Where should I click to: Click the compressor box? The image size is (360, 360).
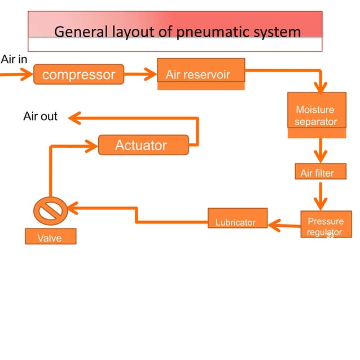78,74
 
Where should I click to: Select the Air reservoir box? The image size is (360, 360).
201,74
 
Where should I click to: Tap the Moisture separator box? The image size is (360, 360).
316,116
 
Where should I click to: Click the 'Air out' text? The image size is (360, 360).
40,117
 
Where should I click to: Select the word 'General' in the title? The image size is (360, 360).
81,32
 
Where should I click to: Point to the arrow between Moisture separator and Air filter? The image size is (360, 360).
321,150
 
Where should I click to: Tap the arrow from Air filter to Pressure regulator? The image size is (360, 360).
321,196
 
